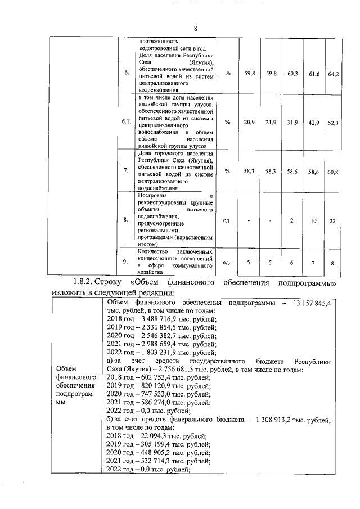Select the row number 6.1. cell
coord(127,121)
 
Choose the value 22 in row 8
coord(332,220)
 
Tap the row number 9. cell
coord(127,262)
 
